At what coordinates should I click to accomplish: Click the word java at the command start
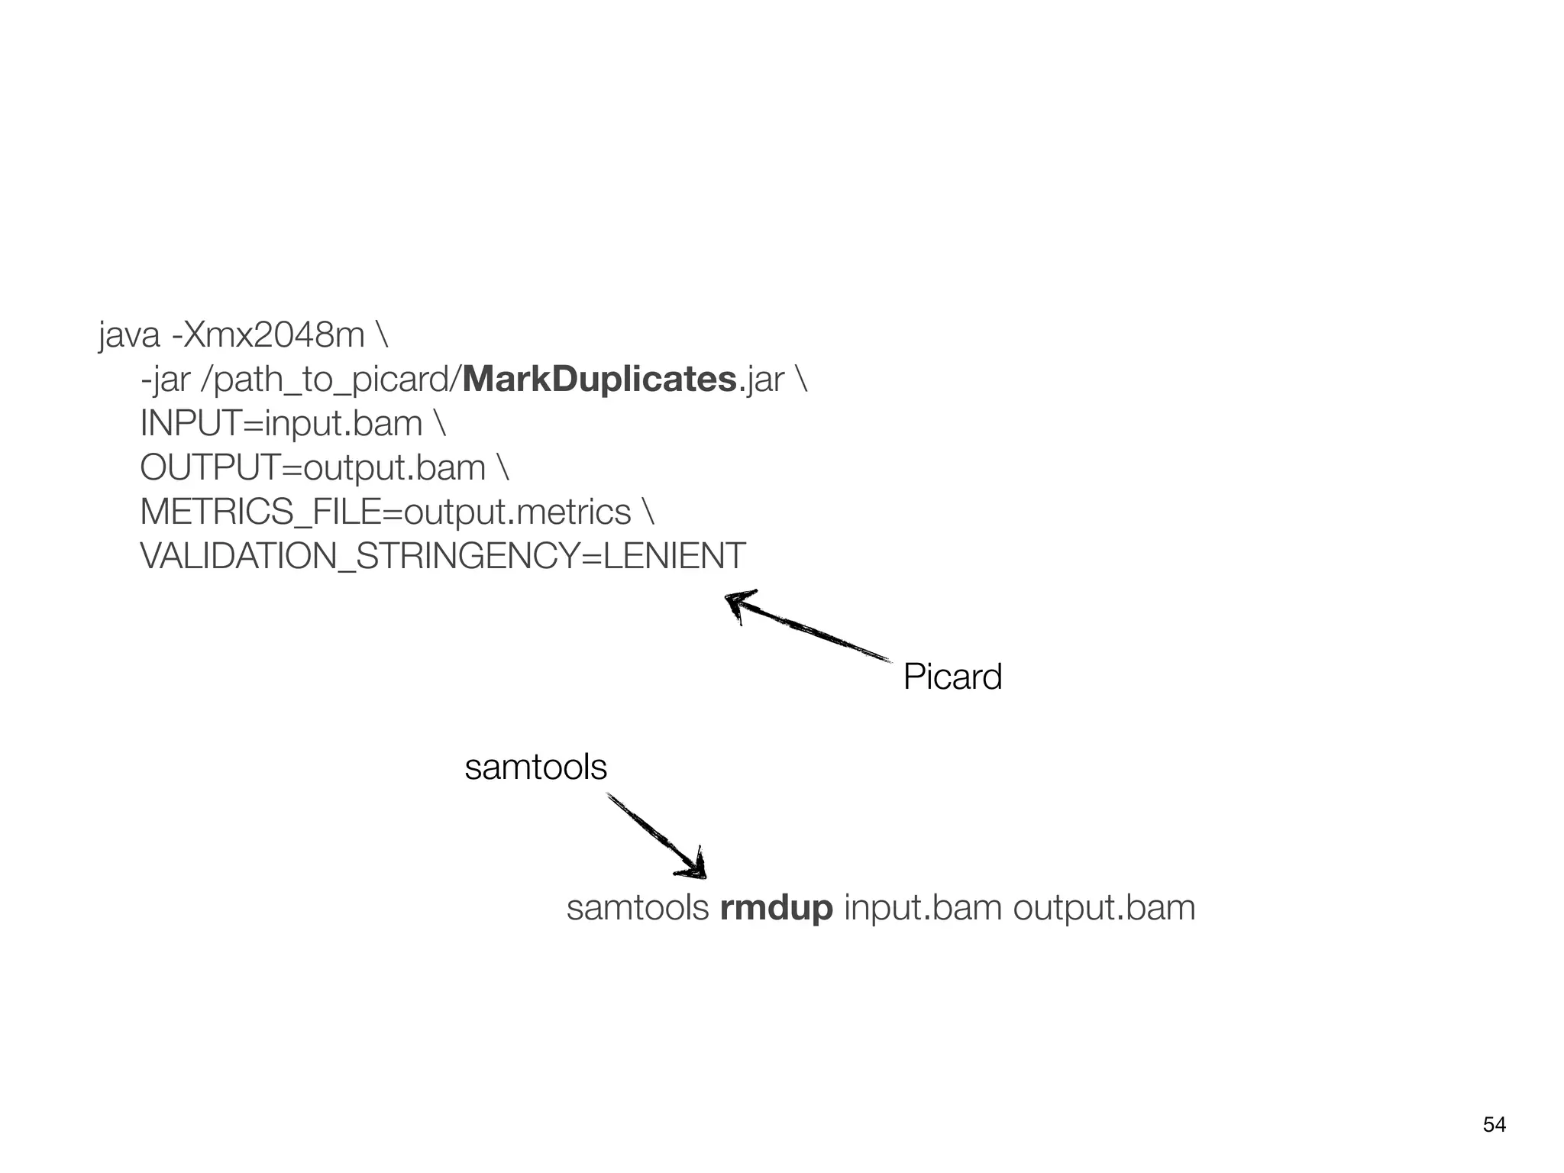point(129,335)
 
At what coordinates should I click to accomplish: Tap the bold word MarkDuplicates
point(599,380)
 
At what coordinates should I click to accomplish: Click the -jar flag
point(165,380)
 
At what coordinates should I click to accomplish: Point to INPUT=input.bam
point(281,424)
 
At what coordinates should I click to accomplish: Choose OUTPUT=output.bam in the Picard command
point(312,467)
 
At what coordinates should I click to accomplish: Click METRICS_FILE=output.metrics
point(386,512)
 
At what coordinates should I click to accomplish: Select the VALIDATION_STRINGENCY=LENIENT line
point(443,556)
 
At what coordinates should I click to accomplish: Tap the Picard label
point(952,677)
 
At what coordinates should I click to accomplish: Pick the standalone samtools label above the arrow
point(535,767)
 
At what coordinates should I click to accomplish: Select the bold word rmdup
point(776,908)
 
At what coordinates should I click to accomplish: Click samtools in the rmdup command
point(638,908)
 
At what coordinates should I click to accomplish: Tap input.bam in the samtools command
point(923,908)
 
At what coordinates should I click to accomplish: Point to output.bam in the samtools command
point(1104,908)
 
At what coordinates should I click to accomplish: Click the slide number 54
point(1495,1125)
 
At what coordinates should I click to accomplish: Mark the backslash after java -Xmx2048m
point(382,335)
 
